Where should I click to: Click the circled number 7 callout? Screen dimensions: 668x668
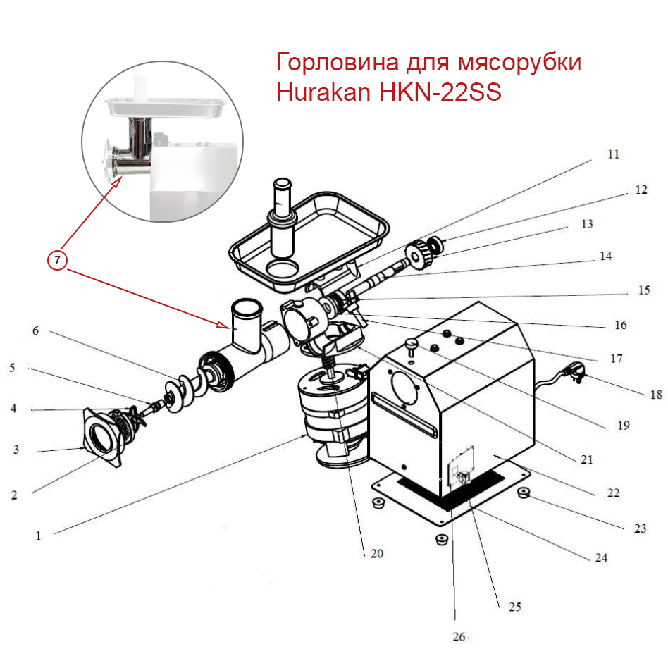click(58, 260)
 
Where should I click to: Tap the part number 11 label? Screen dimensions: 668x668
click(613, 154)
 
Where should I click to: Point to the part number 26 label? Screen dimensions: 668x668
click(459, 637)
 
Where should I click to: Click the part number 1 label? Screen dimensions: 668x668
click(38, 536)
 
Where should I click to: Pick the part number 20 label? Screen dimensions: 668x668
click(376, 553)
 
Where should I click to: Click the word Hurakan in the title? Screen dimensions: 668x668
click(321, 93)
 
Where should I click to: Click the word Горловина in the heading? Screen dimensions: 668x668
click(338, 63)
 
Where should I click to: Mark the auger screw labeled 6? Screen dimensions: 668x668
click(179, 390)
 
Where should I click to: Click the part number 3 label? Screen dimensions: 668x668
click(16, 450)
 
